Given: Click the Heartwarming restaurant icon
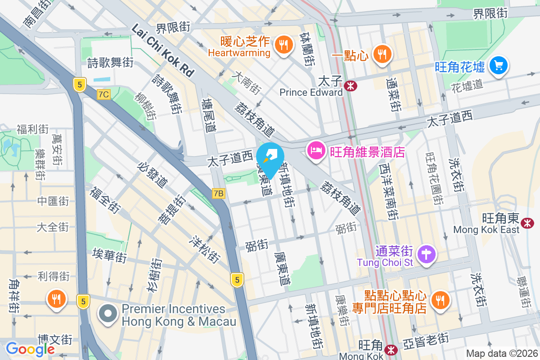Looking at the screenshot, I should pos(283,45).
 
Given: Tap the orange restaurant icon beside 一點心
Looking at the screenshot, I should pos(382,54).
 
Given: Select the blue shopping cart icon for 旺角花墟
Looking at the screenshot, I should pos(498,66).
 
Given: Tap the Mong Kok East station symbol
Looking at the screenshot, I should pos(527,222).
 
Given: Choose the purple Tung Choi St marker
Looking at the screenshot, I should pos(425,254).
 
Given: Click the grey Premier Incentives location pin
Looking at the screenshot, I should pos(108,314).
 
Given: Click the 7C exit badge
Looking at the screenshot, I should pos(103,94).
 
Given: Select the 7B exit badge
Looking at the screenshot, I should pos(218,193).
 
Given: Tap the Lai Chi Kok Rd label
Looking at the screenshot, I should pos(163,49).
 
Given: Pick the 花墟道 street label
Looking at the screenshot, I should pos(467,85).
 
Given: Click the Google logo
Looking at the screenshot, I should pos(30,349).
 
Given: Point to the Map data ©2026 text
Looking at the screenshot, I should pos(502,353).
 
